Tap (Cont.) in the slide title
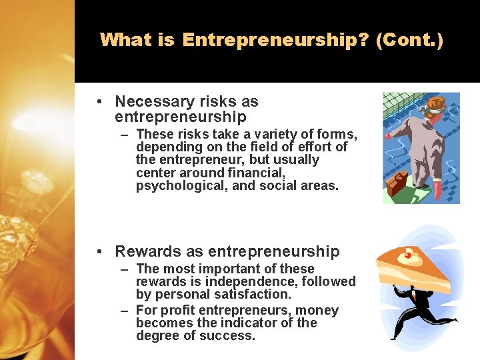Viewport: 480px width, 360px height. coord(409,40)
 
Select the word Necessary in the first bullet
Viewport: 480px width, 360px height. coord(153,101)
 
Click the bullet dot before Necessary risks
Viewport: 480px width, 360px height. coord(98,102)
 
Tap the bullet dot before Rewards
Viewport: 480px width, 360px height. coord(98,252)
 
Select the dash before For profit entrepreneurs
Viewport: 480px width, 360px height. coord(125,311)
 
